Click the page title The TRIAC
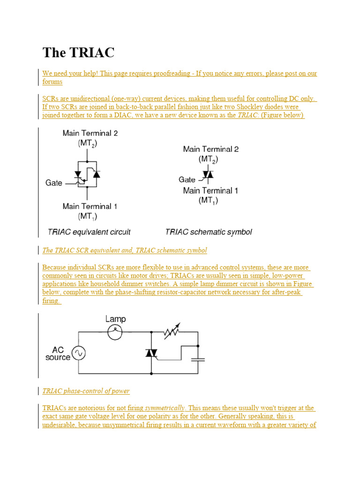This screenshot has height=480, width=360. [x=78, y=52]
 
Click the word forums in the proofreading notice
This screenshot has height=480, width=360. [x=52, y=82]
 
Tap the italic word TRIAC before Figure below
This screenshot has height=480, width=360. [x=248, y=115]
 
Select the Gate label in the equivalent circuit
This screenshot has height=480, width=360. [x=54, y=183]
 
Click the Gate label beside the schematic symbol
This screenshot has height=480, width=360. [x=187, y=180]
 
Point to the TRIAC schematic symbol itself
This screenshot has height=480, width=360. [x=208, y=175]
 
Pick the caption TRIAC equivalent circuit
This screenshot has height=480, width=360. [x=89, y=232]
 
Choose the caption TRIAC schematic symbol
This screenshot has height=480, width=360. [x=209, y=232]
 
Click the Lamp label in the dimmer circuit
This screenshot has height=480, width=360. [x=115, y=319]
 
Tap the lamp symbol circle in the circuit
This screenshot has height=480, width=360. [x=115, y=332]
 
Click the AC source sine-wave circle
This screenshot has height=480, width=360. [x=78, y=353]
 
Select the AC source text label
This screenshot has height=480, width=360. [x=58, y=353]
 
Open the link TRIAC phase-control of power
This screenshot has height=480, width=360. [x=86, y=391]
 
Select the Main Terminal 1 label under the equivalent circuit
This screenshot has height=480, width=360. [x=90, y=206]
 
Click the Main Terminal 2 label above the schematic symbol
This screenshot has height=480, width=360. [x=210, y=149]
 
